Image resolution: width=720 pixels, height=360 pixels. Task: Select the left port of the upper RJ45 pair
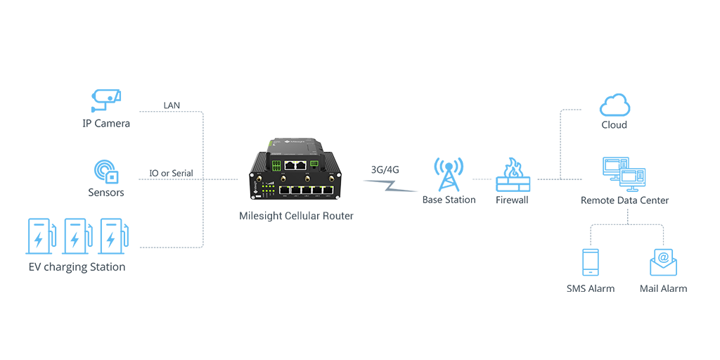[289, 165]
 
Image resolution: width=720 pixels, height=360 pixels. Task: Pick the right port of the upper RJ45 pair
[301, 165]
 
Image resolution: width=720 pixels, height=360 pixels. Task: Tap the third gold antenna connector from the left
[307, 179]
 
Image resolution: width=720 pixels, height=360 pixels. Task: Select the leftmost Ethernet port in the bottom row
[285, 190]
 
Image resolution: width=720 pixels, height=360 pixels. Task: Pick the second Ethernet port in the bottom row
[296, 190]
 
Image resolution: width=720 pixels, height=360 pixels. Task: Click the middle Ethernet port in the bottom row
[307, 190]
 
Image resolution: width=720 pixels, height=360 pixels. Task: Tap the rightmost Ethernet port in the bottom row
[328, 190]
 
